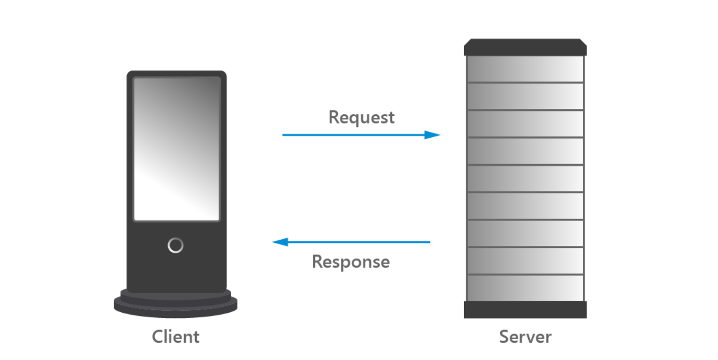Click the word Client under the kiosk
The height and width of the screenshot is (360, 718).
[x=176, y=336]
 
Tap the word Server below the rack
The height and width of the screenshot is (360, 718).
[x=525, y=336]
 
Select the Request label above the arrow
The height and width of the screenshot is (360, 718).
[x=361, y=117]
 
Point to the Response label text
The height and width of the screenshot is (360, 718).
[x=351, y=261]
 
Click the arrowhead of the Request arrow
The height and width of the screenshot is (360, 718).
[x=433, y=135]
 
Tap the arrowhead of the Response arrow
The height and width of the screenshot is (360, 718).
[x=280, y=242]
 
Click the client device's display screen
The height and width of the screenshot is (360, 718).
[x=176, y=148]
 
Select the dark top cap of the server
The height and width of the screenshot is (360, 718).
[x=525, y=47]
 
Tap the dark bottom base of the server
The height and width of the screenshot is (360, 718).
[x=525, y=309]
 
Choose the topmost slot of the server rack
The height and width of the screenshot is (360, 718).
[x=525, y=69]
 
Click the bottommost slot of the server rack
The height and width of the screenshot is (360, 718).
[x=525, y=288]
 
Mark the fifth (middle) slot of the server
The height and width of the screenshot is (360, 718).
[x=525, y=178]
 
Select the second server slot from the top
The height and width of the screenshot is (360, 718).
[x=525, y=96]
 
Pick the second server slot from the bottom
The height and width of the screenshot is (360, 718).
[x=525, y=260]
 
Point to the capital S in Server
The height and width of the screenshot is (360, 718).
[x=504, y=336]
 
